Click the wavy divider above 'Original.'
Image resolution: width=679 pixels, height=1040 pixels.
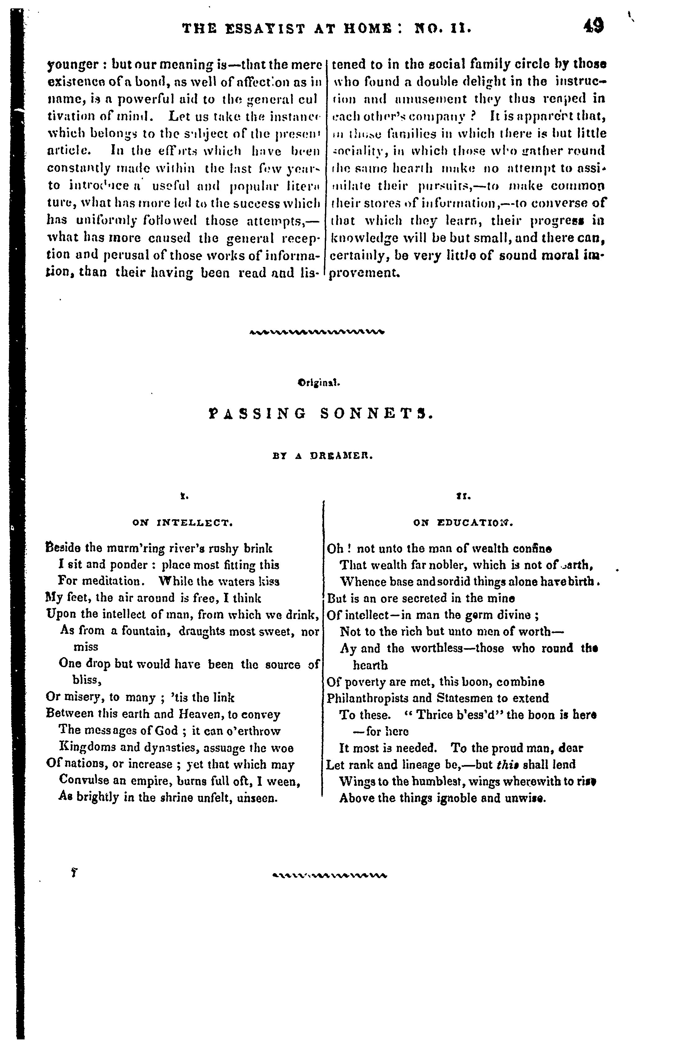[318, 332]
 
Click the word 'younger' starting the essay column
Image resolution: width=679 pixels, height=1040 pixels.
[72, 65]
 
